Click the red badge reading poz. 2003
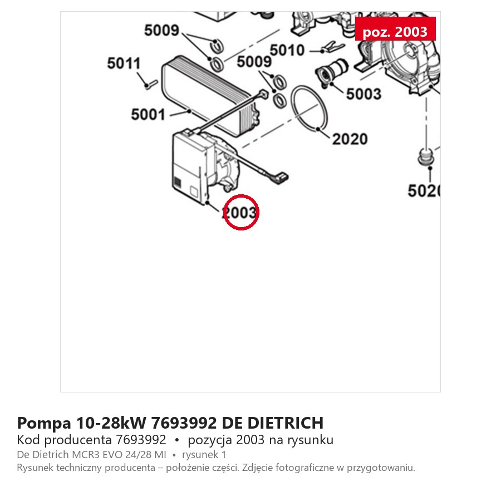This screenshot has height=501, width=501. click(395, 29)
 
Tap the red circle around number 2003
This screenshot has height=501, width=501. click(241, 195)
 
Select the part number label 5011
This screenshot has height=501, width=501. click(124, 63)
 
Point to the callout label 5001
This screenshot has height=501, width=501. click(148, 114)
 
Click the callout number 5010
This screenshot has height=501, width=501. click(287, 50)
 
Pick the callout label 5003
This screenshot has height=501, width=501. click(364, 94)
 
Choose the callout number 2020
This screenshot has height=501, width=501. click(350, 139)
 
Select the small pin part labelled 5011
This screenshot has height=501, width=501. click(150, 84)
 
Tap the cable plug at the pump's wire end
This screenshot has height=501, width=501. click(281, 178)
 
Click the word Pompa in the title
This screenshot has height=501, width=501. click(44, 424)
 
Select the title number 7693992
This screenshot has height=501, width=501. click(184, 423)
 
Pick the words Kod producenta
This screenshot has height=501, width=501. click(64, 440)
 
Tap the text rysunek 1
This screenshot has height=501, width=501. click(204, 454)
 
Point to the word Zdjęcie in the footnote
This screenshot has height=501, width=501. click(257, 468)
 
